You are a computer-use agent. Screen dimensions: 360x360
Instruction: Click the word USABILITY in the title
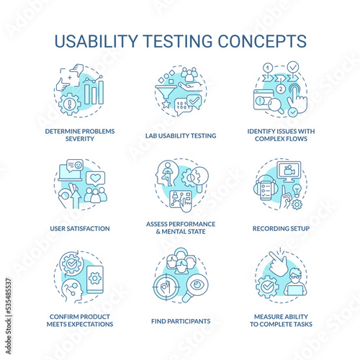click(96, 41)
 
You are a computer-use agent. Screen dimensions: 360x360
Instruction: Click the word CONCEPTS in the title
click(262, 41)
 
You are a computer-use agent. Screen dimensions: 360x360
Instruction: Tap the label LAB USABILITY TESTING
click(181, 136)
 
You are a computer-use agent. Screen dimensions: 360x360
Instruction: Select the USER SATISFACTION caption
click(80, 228)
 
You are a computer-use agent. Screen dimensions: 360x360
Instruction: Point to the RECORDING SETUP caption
click(281, 228)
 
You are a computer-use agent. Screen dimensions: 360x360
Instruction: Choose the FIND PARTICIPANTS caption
click(181, 321)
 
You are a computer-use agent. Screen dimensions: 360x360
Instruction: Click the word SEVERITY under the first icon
click(80, 139)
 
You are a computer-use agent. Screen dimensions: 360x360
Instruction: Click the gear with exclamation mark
click(70, 104)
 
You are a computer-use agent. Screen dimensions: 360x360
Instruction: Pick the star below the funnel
click(166, 104)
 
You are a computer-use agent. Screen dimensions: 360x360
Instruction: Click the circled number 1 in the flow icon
click(268, 68)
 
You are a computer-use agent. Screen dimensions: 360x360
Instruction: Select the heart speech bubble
click(95, 179)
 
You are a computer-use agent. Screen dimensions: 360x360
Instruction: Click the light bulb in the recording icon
click(297, 190)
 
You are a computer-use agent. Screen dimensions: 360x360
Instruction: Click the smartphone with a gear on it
click(95, 279)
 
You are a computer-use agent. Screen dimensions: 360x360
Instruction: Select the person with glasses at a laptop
click(295, 282)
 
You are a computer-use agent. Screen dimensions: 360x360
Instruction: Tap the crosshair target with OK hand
click(166, 287)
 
